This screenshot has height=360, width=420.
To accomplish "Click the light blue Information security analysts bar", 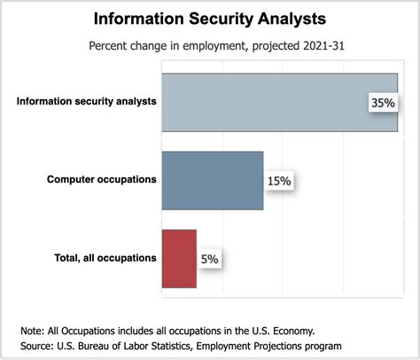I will (x=266, y=101).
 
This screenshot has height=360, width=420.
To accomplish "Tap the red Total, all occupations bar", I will (x=178, y=258).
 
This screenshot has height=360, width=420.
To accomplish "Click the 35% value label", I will (x=383, y=103).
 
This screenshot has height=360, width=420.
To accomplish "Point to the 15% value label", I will (x=279, y=181).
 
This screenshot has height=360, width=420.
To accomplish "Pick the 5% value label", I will (x=208, y=259).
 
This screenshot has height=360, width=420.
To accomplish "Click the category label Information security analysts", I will (x=87, y=101).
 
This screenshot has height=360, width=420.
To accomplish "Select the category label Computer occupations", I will (x=102, y=180).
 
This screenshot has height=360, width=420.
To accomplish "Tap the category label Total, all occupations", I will (x=100, y=258).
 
